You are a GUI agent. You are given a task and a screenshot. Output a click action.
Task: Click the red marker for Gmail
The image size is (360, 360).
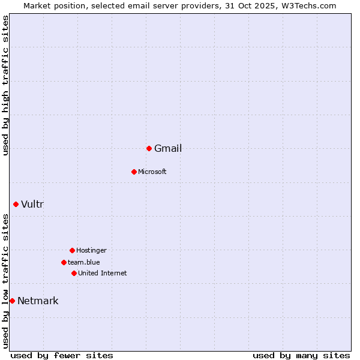point(149,148)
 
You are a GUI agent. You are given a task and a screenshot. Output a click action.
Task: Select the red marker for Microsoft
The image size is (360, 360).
point(134,172)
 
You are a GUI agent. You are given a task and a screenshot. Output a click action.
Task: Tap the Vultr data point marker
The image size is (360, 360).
point(16,204)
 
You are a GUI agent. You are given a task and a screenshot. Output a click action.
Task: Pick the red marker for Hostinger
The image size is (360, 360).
point(72,250)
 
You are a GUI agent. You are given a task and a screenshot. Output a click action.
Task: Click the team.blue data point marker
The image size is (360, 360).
point(64,262)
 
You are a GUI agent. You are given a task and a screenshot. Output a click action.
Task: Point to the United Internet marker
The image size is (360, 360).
point(74,273)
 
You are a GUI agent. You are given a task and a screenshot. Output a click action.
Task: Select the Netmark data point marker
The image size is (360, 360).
point(12,301)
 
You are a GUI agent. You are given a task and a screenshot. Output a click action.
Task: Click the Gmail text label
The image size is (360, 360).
point(168,149)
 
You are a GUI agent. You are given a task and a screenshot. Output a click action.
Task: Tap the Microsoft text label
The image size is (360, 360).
point(152,172)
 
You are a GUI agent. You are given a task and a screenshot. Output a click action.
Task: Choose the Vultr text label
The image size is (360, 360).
point(32,205)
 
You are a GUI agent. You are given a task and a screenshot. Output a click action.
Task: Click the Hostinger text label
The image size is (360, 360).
point(91,250)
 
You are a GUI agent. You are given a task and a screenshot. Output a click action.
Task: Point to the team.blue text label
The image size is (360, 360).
point(84,262)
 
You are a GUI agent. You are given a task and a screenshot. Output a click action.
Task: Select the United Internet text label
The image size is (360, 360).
point(103,273)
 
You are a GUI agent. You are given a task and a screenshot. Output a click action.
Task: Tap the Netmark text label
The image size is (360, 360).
point(38,301)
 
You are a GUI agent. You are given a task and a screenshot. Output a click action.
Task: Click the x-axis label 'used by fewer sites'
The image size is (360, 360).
point(62,355)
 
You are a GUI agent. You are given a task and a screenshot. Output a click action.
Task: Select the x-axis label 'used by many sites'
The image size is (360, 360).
point(301,355)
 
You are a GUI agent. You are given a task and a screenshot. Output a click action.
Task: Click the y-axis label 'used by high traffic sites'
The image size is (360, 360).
point(6,86)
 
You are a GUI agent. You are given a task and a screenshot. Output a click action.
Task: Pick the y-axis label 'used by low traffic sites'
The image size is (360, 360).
point(6,281)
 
